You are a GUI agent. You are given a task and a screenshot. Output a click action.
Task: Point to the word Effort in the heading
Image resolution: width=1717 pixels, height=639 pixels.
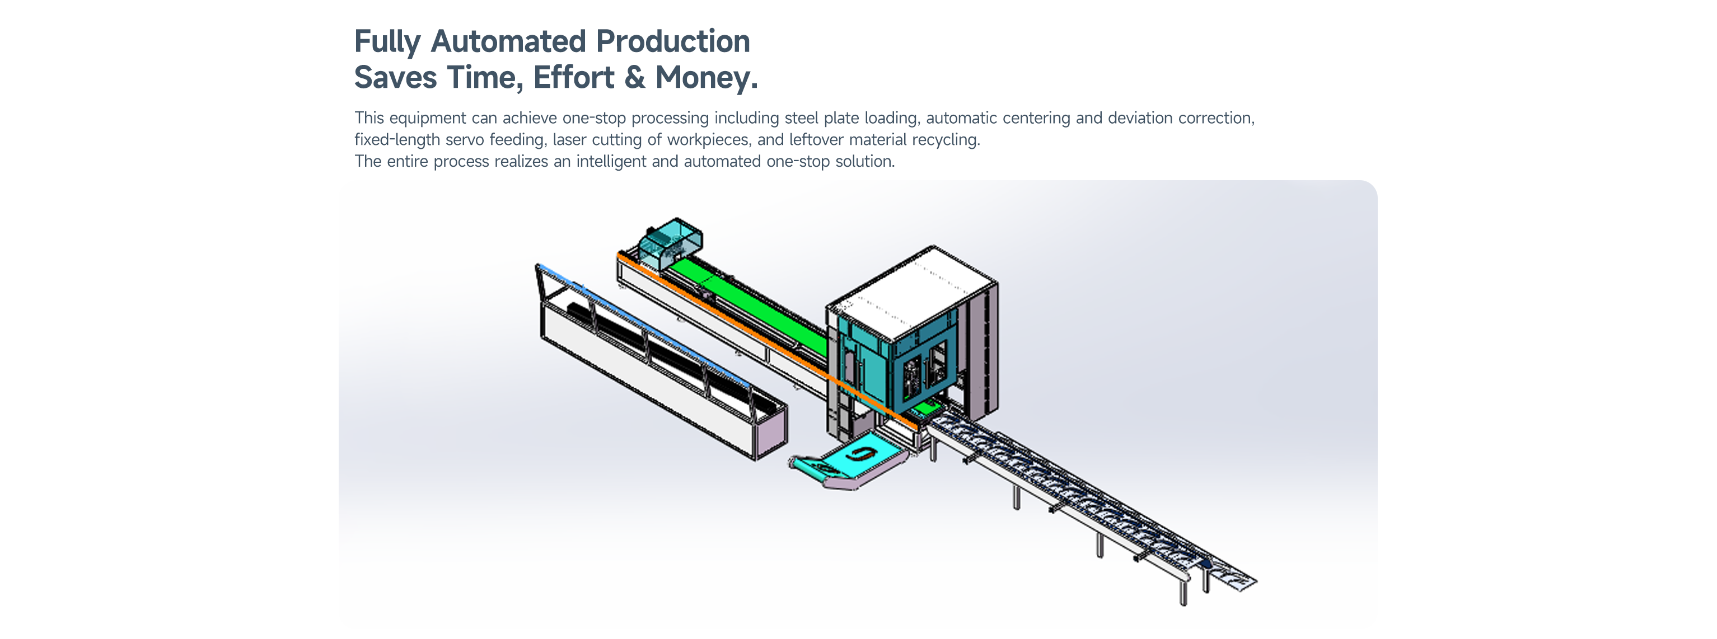click(573, 77)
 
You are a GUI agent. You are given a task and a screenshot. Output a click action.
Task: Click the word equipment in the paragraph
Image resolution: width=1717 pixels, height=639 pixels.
click(427, 119)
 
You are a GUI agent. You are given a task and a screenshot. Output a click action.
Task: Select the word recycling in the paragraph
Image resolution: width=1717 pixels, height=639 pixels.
click(945, 140)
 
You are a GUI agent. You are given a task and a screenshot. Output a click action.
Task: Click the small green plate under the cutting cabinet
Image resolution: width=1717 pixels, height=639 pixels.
click(927, 408)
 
